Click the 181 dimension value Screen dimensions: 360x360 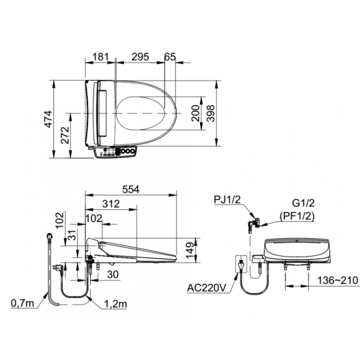tap(100, 57)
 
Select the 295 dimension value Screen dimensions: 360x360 tap(140, 57)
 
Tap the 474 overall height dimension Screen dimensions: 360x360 tap(49, 119)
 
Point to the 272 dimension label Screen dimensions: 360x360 tap(65, 135)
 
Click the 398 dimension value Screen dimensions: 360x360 tap(211, 113)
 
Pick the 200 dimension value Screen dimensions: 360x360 tap(195, 113)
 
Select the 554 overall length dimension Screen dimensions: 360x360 tap(131, 189)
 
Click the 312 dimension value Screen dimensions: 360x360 tap(111, 204)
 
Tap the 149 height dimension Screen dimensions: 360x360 tap(190, 250)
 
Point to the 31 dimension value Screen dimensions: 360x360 tap(73, 235)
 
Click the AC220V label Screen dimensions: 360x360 tap(207, 288)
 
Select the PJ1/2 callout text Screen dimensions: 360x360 tap(227, 199)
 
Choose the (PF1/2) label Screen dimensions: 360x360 tap(297, 216)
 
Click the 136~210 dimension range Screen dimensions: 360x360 tap(337, 280)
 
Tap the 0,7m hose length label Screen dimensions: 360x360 tap(22, 303)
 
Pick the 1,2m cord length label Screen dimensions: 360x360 tap(115, 304)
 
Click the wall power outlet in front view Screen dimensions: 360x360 tap(241, 264)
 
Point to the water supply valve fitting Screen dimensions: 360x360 tap(253, 224)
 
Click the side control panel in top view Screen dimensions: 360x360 tap(115, 152)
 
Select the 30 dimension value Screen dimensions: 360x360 tap(113, 275)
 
